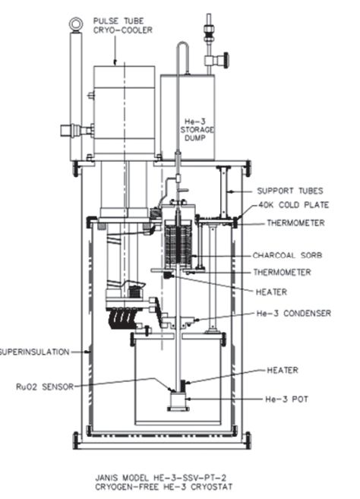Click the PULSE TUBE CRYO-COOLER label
click(122, 26)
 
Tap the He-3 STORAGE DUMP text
click(197, 130)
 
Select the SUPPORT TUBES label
click(290, 191)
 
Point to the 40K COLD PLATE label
click(293, 204)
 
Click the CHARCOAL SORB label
click(287, 255)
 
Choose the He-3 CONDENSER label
click(293, 313)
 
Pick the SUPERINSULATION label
click(34, 352)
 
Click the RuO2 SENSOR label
click(45, 387)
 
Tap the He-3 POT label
click(286, 399)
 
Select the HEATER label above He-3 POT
click(283, 370)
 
